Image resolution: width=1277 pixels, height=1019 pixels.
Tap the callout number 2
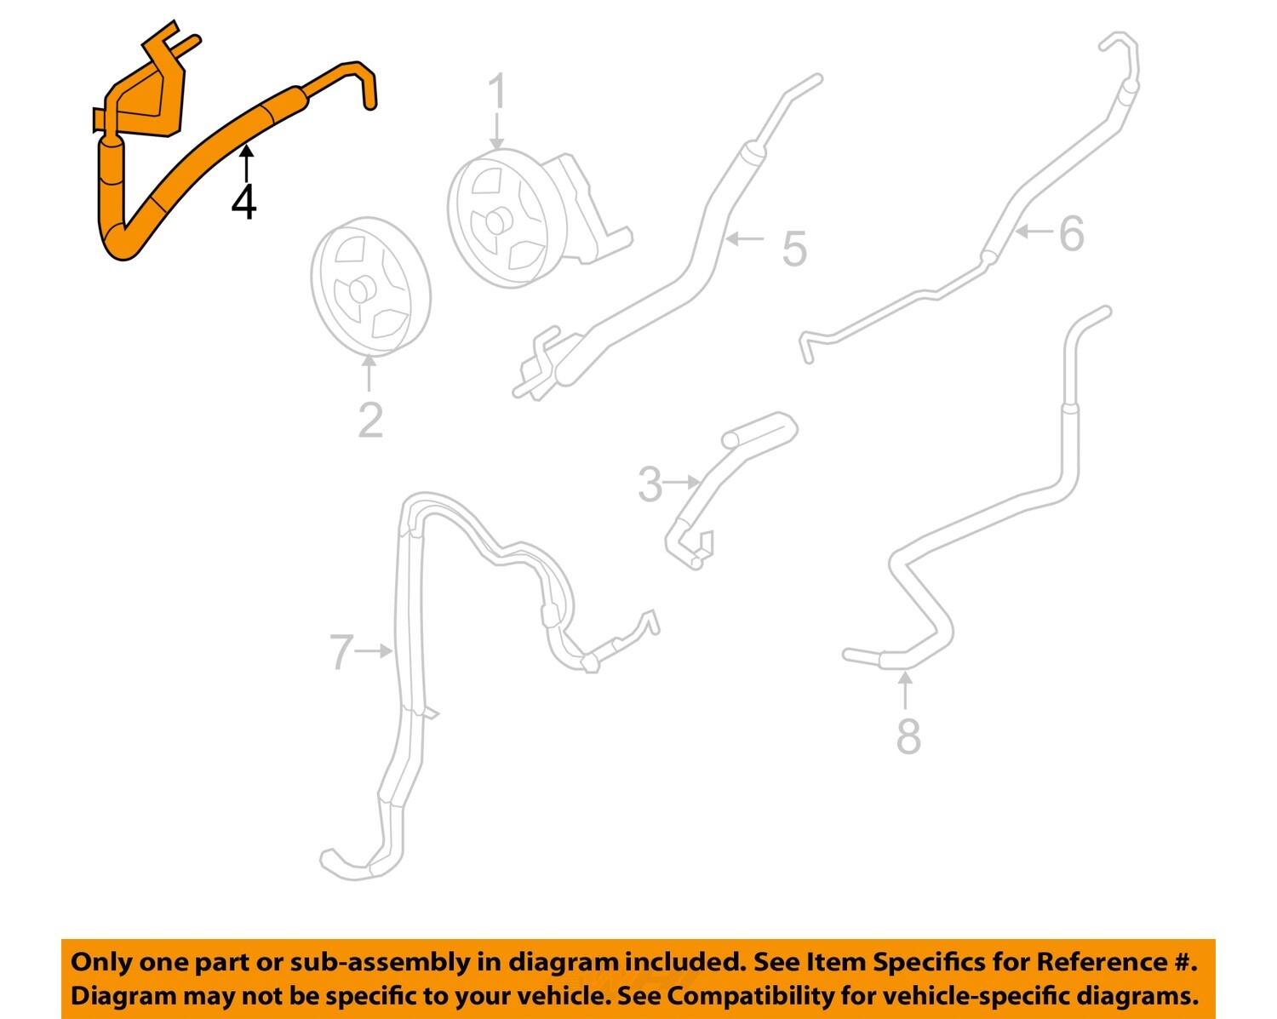pos(370,421)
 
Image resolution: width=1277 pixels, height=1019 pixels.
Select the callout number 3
pos(650,484)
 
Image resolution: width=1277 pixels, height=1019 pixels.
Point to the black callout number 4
pos(244,202)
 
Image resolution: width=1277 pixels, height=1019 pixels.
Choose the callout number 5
pos(793,249)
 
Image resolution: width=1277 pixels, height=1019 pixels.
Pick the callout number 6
pos(1071,233)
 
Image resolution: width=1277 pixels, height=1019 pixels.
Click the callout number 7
pos(341,652)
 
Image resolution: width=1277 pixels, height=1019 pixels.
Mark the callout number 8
pos(908,736)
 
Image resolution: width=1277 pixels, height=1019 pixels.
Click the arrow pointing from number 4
pos(245,162)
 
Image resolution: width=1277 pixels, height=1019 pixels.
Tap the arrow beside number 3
pos(683,483)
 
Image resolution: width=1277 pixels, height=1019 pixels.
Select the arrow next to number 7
pos(375,651)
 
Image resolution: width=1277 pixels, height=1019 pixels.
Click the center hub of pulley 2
pos(359,289)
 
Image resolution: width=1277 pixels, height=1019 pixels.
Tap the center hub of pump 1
pos(495,222)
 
